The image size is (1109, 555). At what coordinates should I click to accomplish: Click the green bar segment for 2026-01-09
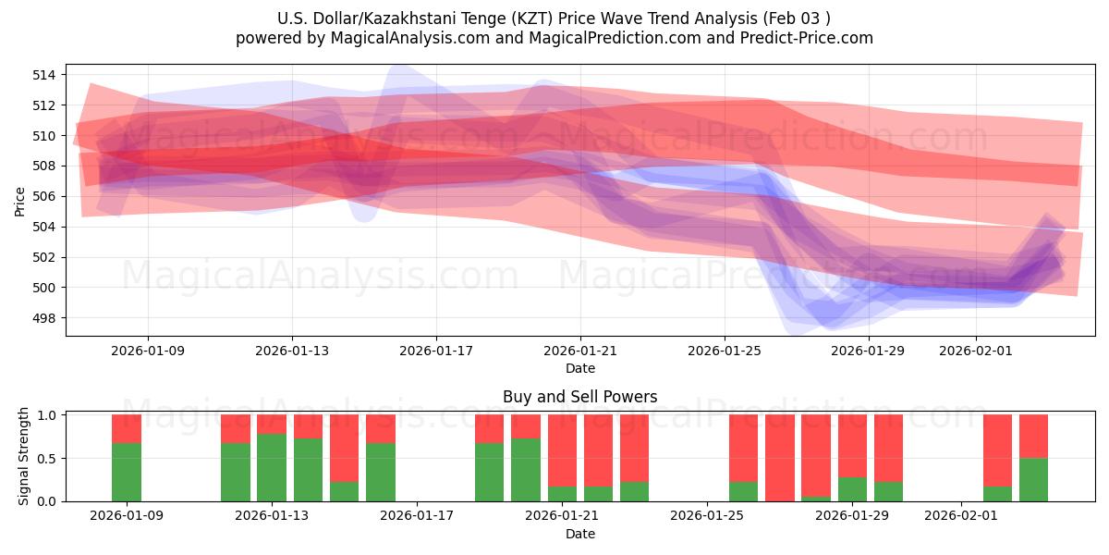pos(127,472)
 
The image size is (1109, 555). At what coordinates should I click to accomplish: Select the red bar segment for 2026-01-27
pos(779,457)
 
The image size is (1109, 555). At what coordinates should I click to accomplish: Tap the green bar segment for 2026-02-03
pos(1033,479)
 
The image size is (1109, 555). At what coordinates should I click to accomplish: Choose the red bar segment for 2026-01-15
pos(344,448)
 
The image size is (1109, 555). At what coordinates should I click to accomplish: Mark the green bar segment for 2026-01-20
pos(526,469)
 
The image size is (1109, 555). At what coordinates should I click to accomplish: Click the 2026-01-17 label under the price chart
pos(436,351)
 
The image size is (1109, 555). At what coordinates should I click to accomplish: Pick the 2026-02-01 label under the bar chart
pos(961,516)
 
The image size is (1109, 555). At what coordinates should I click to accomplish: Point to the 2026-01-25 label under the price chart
pos(725,351)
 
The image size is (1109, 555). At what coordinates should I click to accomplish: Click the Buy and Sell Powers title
pos(579,397)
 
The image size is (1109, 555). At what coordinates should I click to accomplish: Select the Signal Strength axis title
pos(25,456)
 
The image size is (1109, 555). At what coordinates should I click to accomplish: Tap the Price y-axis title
pos(20,200)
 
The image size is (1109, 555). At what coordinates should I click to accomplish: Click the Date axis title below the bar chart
pos(579,534)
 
